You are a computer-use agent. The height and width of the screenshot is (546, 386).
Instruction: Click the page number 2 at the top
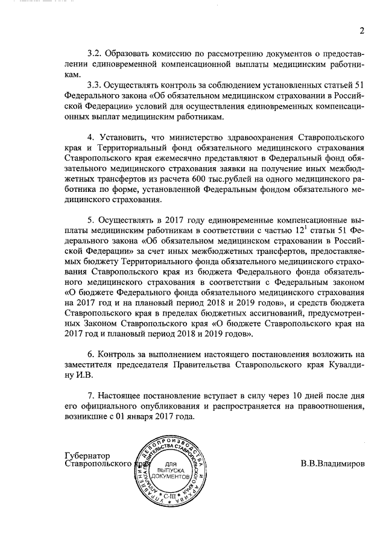(362, 31)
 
